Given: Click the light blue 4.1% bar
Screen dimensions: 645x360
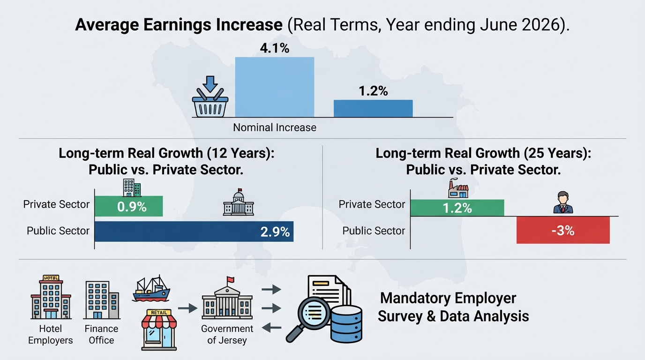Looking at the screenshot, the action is click(x=274, y=87).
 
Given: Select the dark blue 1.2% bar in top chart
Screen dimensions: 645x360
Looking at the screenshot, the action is click(x=373, y=109).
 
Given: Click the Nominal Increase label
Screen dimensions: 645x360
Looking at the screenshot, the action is click(x=274, y=127).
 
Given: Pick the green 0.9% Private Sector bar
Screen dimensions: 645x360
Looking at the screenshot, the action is click(x=129, y=206).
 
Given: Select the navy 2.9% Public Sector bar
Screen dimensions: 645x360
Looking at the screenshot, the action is click(x=194, y=232).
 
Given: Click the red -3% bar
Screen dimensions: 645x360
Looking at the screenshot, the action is click(x=563, y=231).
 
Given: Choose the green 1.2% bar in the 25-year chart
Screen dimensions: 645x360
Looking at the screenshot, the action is click(x=457, y=208).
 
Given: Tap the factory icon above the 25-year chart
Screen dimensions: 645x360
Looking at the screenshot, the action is click(x=458, y=188).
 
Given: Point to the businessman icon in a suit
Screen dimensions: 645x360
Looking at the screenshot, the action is click(x=563, y=202).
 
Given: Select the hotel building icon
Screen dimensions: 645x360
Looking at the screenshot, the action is click(x=51, y=297).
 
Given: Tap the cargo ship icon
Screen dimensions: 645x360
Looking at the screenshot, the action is click(x=151, y=289).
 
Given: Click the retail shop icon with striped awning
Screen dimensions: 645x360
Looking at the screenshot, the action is click(x=159, y=330).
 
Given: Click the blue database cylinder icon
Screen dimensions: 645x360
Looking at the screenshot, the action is click(x=346, y=324).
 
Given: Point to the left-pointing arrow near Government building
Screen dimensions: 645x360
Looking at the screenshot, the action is click(x=271, y=328).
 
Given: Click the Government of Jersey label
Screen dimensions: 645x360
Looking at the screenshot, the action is click(x=227, y=334).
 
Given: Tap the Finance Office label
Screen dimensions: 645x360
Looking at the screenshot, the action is click(x=101, y=334).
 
